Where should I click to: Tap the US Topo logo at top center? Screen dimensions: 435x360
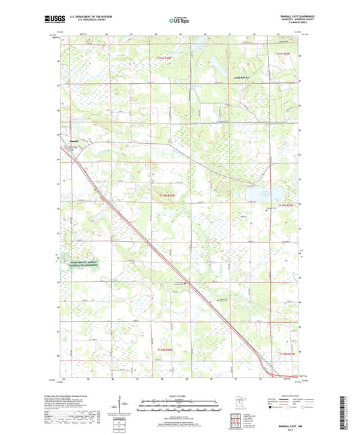click(x=178, y=20)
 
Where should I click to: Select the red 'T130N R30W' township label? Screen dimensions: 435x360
click(x=166, y=196)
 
